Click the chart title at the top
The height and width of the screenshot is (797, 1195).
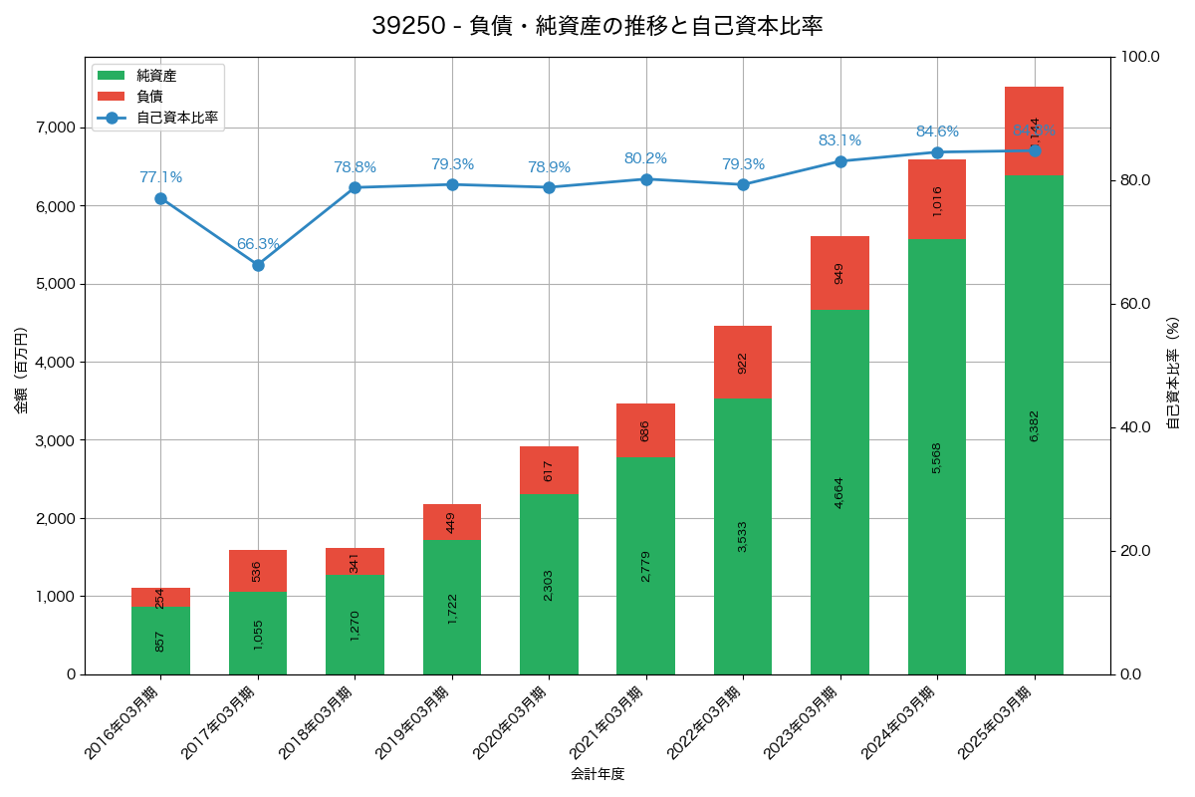[597, 27]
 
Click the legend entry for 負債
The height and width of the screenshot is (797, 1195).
[149, 96]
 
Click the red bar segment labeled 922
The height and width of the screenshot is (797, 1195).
[743, 363]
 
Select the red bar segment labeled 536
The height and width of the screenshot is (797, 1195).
[258, 571]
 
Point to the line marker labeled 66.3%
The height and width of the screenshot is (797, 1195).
[258, 265]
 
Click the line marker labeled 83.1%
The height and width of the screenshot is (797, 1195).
[840, 161]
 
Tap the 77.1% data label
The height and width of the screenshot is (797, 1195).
[160, 177]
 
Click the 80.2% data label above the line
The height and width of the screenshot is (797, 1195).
[645, 158]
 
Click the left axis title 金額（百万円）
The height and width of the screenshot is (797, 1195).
[21, 371]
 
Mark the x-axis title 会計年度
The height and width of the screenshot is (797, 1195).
[597, 774]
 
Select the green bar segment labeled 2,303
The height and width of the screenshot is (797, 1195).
[549, 585]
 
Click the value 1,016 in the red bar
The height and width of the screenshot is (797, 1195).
[937, 200]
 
